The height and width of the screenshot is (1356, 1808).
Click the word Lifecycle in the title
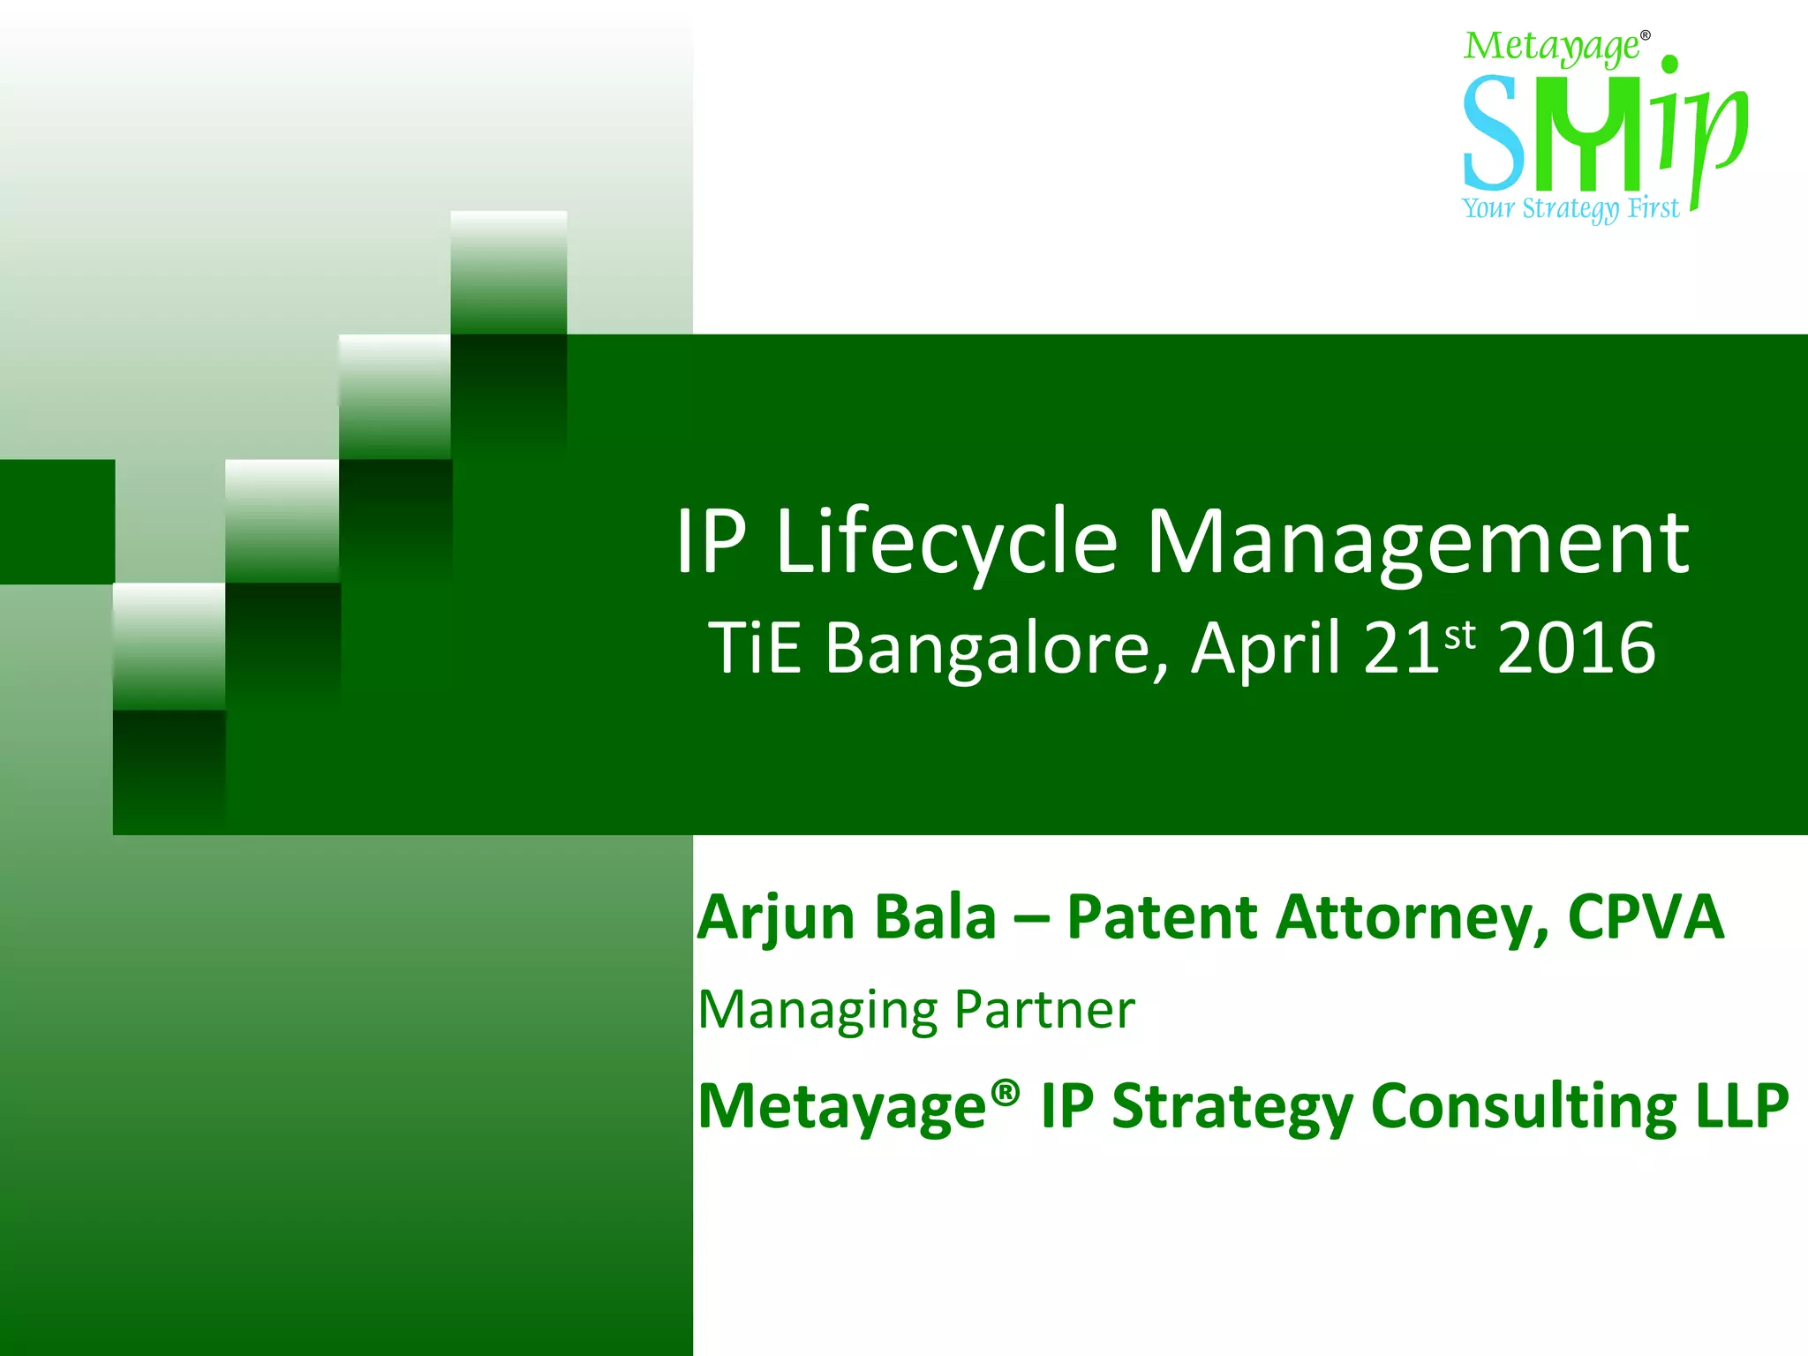[x=946, y=543]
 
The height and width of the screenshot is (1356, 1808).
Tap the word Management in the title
[x=1417, y=543]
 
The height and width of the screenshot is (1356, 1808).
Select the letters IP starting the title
[x=712, y=543]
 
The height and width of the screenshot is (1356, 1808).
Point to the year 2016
[x=1576, y=649]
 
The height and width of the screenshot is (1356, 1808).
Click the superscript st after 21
[x=1460, y=635]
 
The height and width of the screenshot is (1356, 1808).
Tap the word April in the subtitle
[x=1266, y=649]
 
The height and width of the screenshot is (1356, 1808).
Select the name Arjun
[x=776, y=918]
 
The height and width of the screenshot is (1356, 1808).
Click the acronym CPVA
[x=1646, y=918]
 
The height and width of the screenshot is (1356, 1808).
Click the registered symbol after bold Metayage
[x=1005, y=1092]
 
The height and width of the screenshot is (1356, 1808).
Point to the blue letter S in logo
[x=1492, y=132]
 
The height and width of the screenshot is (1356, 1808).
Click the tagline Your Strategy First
[x=1570, y=208]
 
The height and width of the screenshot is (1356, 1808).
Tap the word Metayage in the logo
[x=1551, y=48]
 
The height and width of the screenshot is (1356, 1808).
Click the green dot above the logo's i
[x=1669, y=64]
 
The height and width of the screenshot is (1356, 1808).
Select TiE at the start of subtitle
[x=755, y=649]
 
